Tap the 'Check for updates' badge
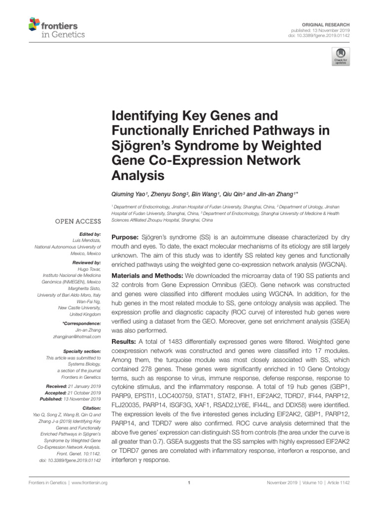pos(340,56)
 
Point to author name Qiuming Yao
pos(127,194)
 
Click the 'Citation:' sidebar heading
pos(91,409)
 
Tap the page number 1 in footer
pos(189,483)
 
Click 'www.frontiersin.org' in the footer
pos(86,483)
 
